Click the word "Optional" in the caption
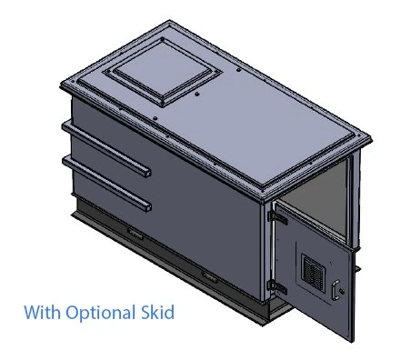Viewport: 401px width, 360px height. tap(101, 314)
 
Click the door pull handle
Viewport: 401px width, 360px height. tap(338, 290)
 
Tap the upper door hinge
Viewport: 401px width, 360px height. tap(279, 218)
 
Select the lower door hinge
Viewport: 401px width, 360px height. tap(271, 285)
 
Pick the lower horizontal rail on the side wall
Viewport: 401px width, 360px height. tap(105, 180)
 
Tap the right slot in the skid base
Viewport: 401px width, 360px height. tap(208, 275)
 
